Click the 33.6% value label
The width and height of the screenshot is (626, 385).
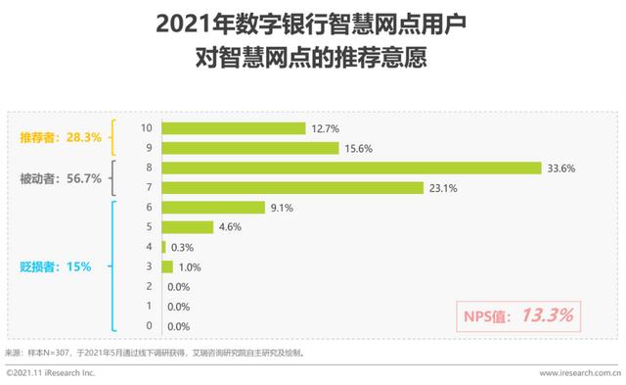click(x=561, y=168)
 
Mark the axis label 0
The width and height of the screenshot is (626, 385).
click(x=147, y=326)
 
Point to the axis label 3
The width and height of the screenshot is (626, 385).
click(x=147, y=266)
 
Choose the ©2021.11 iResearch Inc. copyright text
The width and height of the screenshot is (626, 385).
click(x=50, y=373)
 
